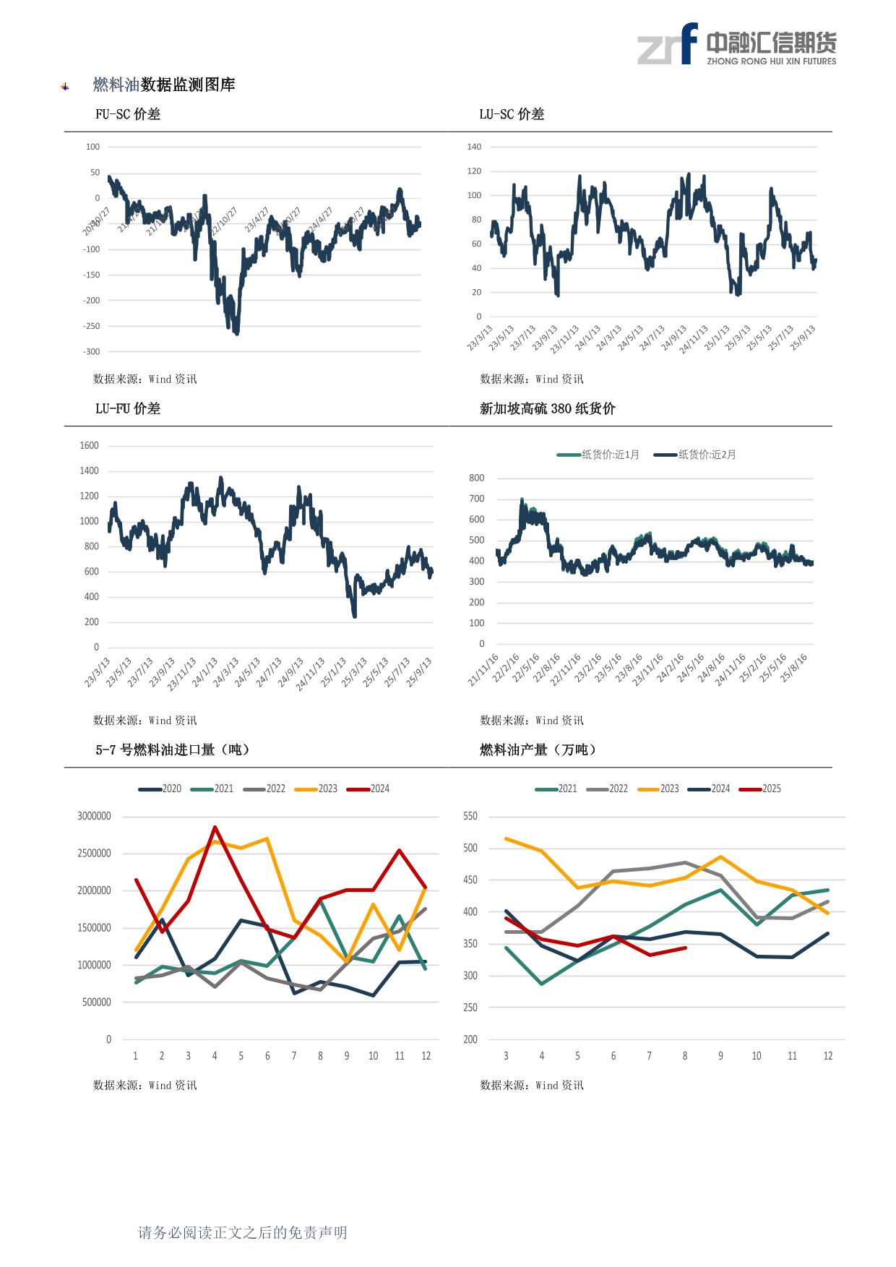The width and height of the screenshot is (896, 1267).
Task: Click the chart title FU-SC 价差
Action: tap(128, 114)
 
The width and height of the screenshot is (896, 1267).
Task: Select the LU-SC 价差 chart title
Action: tap(512, 114)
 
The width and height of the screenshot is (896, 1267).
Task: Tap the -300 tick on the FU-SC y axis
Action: tap(92, 352)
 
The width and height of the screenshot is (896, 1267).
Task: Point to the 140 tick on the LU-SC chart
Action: tap(474, 147)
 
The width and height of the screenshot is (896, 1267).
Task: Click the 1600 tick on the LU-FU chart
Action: tap(89, 446)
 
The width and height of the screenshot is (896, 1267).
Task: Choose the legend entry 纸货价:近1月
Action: tap(598, 455)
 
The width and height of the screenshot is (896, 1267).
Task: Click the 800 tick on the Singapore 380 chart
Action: tap(476, 478)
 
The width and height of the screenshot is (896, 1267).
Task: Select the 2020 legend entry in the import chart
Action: tap(160, 789)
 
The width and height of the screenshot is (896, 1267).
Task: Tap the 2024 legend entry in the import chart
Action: tap(369, 789)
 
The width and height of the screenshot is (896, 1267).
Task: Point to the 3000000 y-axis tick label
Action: tap(95, 817)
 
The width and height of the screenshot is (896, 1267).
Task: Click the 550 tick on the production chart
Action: tap(470, 817)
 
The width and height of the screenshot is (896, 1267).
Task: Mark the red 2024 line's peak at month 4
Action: tap(215, 828)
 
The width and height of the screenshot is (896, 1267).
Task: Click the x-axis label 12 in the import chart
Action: tap(426, 1056)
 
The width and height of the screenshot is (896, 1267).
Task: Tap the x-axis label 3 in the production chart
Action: tap(506, 1056)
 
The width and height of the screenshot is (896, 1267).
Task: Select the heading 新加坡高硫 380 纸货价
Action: tap(547, 409)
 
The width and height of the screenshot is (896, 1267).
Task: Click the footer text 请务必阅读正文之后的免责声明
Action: tap(243, 1232)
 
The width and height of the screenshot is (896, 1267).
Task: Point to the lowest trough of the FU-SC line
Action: tap(237, 333)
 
